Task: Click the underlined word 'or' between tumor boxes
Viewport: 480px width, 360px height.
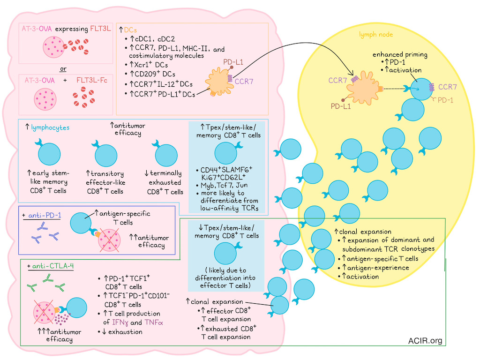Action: click(x=63, y=69)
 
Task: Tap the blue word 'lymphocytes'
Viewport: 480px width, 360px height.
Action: click(x=50, y=127)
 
